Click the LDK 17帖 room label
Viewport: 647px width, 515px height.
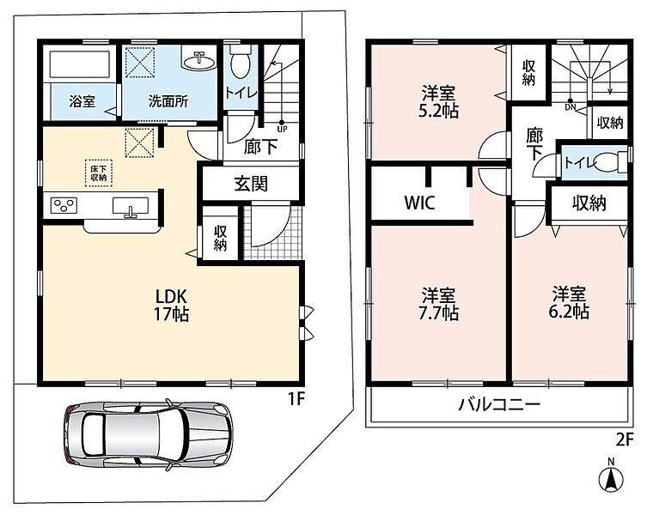(172, 305)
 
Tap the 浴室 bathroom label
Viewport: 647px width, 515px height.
(82, 101)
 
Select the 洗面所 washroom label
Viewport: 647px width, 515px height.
(168, 101)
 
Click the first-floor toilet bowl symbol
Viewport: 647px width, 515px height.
(240, 61)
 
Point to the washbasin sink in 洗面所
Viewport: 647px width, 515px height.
(199, 62)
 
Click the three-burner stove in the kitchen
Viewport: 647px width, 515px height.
(64, 205)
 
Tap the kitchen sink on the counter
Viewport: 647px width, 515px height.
(131, 206)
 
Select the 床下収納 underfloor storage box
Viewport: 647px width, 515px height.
(99, 173)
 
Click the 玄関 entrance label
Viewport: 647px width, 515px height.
(251, 184)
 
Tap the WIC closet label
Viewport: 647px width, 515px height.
(419, 203)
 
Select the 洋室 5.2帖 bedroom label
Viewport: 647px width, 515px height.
(438, 101)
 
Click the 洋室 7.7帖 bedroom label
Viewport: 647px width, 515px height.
(438, 304)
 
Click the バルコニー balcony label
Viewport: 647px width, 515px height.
(499, 405)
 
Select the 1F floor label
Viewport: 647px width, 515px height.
(296, 399)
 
